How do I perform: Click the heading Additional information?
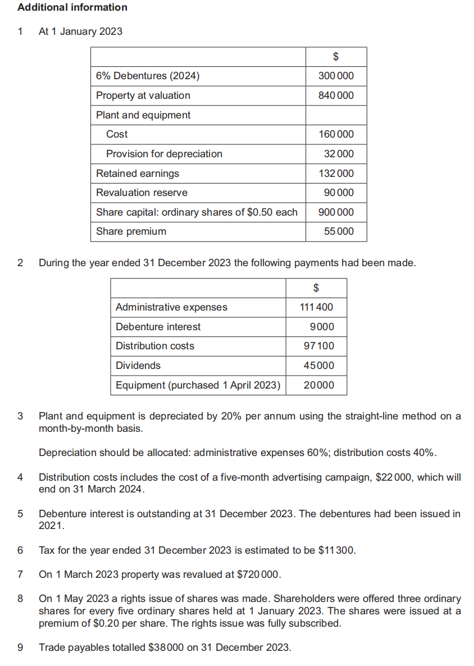[72, 7]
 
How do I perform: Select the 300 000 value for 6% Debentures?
[336, 76]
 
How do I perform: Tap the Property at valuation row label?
[143, 95]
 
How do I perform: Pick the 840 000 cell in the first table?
[336, 95]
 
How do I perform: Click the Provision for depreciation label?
[164, 154]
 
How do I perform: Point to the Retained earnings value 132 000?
[336, 174]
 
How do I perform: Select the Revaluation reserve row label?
[142, 193]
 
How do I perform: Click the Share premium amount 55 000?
[339, 231]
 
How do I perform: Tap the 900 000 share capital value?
[336, 212]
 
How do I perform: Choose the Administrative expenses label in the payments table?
[171, 307]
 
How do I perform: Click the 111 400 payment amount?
[316, 307]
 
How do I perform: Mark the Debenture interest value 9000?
[322, 327]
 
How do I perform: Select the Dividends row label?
[138, 366]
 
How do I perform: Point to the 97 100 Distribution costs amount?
[318, 346]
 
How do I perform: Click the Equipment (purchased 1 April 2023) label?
[198, 385]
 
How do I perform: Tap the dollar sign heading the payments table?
[316, 288]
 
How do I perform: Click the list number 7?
[20, 574]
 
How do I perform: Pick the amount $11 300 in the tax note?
[336, 550]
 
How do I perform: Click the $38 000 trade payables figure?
[166, 647]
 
